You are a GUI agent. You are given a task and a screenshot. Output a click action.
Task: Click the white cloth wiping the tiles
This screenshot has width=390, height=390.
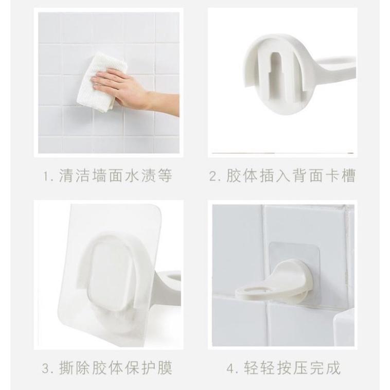coord(99,82)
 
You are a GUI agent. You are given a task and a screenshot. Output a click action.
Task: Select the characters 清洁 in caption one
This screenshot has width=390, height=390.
coord(75,175)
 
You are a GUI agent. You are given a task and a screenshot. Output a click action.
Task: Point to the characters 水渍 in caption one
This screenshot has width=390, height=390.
coord(140,175)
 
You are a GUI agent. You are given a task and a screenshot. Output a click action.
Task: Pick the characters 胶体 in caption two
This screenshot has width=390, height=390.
coord(242,175)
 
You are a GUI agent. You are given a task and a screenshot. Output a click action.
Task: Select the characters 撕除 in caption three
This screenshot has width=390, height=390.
coord(75,368)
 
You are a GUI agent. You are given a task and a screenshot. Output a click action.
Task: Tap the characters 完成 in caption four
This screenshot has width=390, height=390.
coord(324,368)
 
